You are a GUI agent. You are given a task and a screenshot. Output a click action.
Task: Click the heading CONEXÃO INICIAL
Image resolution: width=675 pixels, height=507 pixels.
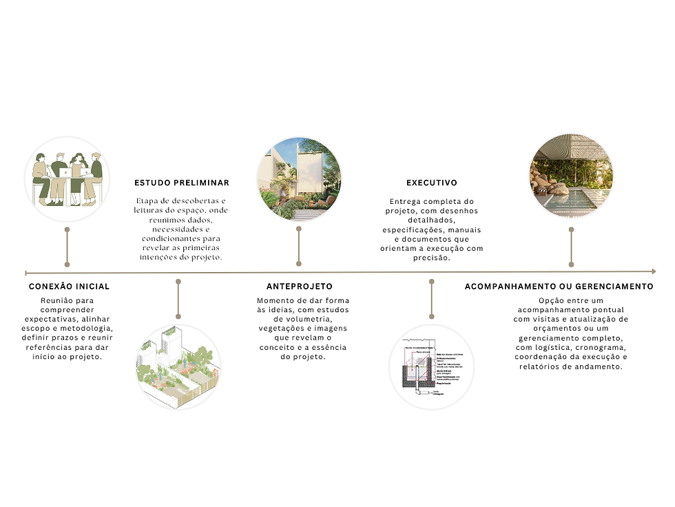click(x=69, y=286)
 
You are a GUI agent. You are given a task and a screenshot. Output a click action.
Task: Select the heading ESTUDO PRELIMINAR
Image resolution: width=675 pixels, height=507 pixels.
click(x=182, y=183)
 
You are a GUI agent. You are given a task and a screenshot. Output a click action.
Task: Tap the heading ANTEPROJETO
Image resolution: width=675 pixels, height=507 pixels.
click(x=300, y=286)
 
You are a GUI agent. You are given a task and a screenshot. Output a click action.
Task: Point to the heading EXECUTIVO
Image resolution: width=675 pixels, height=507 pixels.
click(x=432, y=183)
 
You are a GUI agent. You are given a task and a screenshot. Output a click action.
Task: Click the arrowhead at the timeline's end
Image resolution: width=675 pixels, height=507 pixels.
click(x=652, y=272)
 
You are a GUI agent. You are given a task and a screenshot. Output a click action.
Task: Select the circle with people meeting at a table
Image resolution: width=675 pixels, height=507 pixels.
click(x=67, y=179)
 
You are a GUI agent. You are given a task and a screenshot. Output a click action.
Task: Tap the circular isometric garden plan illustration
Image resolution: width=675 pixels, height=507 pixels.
click(x=178, y=367)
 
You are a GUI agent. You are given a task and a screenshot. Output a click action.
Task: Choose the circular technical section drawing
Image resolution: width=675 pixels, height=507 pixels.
click(x=432, y=367)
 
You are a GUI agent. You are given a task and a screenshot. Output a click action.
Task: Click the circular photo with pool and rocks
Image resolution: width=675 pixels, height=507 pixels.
click(x=570, y=176)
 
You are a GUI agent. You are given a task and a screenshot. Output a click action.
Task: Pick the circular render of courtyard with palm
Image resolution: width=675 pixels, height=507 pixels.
click(x=299, y=178)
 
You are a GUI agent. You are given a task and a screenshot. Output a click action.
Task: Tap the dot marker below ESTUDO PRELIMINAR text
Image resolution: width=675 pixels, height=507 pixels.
click(x=178, y=281)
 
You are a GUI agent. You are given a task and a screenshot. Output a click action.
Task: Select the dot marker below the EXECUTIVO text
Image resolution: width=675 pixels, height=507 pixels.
click(x=432, y=281)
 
